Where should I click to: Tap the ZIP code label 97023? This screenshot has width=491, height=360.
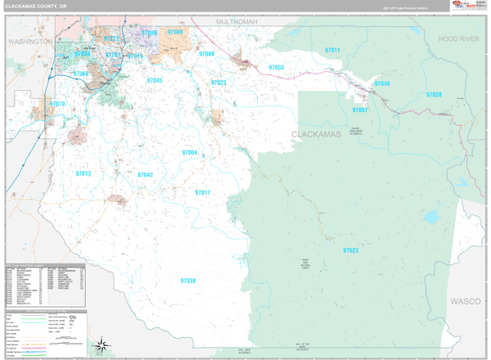coord(351,250)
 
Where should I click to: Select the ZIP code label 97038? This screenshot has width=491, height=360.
coord(188,281)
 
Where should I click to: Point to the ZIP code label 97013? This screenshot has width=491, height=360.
coord(83,173)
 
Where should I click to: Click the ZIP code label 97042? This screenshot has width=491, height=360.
coord(145,175)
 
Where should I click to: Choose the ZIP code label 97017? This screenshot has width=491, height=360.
coord(202,192)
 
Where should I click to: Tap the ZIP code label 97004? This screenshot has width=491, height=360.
coord(189,153)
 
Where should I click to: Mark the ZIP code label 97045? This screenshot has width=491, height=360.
coord(155,81)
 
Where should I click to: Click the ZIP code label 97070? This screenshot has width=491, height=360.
coord(57,104)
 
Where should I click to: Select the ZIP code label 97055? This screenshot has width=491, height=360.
coord(276,67)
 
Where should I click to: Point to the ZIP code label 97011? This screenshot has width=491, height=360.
coord(332,51)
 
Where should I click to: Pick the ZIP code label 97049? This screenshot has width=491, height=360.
coord(382,83)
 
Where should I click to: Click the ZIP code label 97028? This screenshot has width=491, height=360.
coord(433,95)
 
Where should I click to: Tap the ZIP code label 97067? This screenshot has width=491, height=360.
coord(360,110)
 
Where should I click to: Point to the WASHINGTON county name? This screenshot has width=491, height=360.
coord(29,40)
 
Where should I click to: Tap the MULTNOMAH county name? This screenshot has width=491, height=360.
coord(237,20)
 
